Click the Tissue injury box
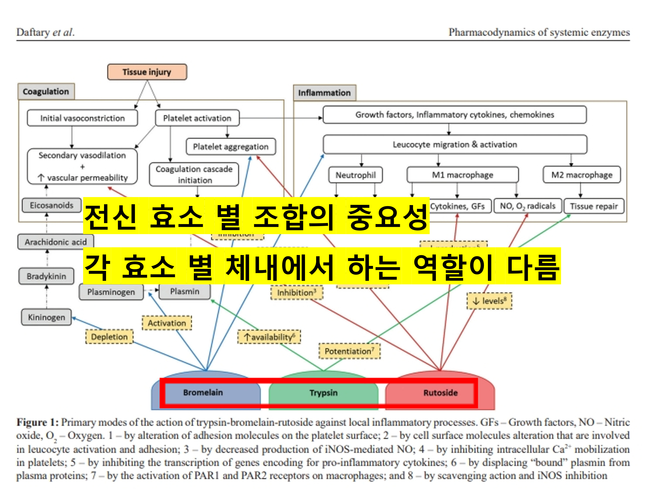pyautogui.click(x=147, y=72)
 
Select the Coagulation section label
pyautogui.click(x=46, y=92)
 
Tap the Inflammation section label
pyautogui.click(x=324, y=93)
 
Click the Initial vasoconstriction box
pyautogui.click(x=82, y=118)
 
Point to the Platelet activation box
pyautogui.click(x=197, y=118)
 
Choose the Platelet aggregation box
pyautogui.click(x=231, y=146)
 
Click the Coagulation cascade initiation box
pyautogui.click(x=194, y=175)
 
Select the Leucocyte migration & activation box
pyautogui.click(x=455, y=144)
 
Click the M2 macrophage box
pyautogui.click(x=582, y=175)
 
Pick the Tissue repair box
pyautogui.click(x=594, y=206)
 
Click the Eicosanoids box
pyautogui.click(x=52, y=205)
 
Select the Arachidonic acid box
pyautogui.click(x=56, y=242)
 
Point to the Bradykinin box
pyautogui.click(x=46, y=276)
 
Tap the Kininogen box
pyautogui.click(x=46, y=317)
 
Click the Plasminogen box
pyautogui.click(x=111, y=292)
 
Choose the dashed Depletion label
pyautogui.click(x=109, y=337)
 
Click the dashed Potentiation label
pyautogui.click(x=349, y=351)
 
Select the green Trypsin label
pyautogui.click(x=323, y=393)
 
